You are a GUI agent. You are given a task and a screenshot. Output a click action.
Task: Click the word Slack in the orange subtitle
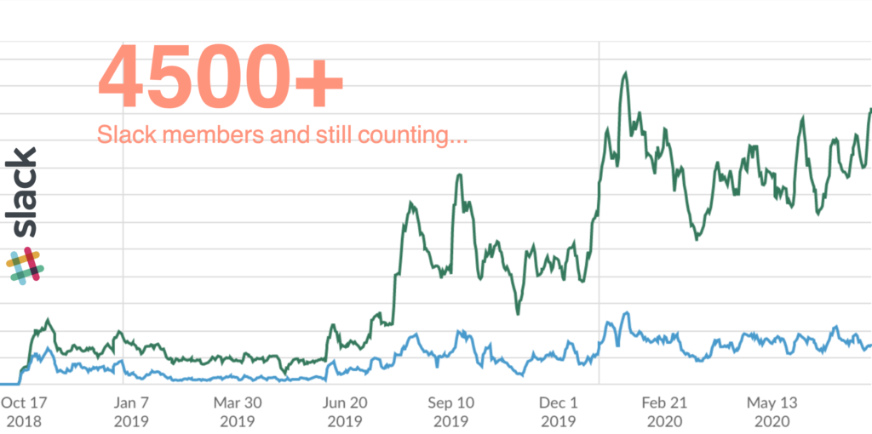123,134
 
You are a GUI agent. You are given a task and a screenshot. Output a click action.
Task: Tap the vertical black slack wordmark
24,192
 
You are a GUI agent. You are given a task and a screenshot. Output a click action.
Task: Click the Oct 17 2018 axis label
23,412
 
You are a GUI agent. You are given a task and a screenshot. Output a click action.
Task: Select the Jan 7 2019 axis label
131,412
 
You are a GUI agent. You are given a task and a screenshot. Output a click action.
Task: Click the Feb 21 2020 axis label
664,412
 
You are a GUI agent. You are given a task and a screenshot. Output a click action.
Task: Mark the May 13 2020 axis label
771,412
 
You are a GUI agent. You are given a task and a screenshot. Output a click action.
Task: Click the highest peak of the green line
625,73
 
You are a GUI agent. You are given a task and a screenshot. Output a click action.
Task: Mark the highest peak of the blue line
626,312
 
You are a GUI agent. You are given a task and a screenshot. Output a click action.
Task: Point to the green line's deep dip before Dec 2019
518,313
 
